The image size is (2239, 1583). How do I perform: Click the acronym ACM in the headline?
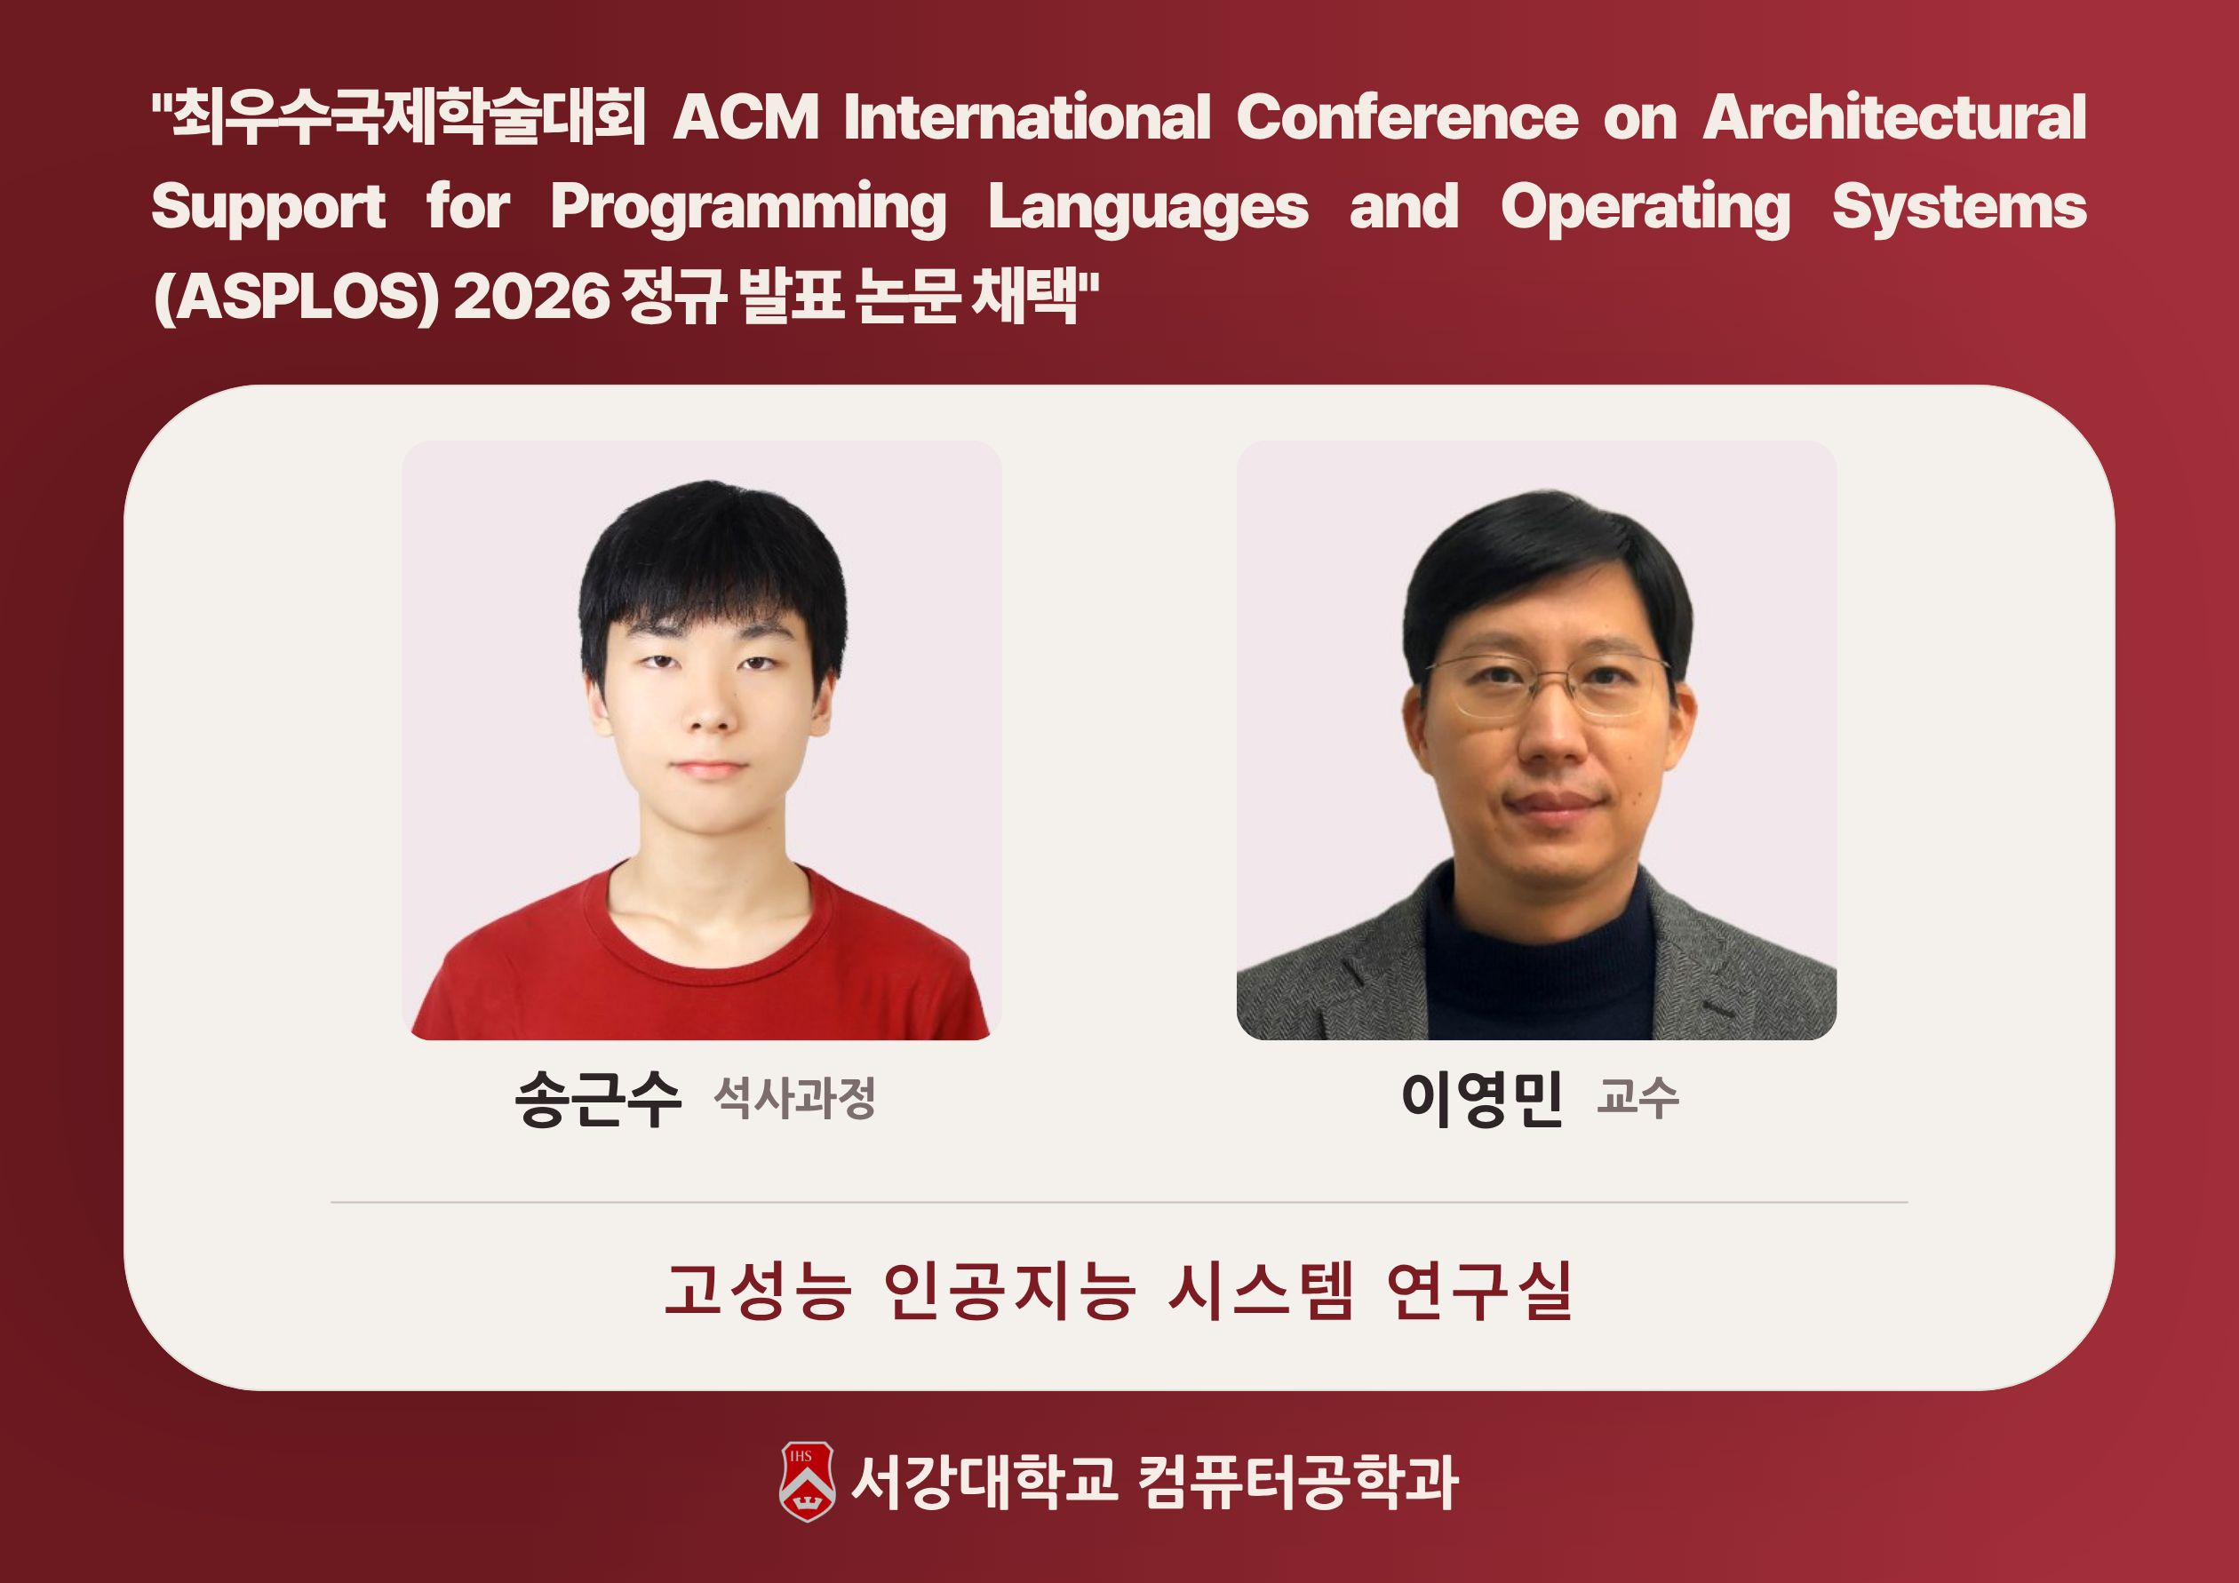click(746, 118)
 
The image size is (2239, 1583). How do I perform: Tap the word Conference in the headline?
click(1407, 118)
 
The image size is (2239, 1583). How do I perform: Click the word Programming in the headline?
click(749, 209)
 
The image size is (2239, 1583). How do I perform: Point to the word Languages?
click(1149, 209)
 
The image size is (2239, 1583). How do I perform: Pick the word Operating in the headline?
click(1646, 209)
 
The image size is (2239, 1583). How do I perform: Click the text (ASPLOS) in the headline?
click(298, 297)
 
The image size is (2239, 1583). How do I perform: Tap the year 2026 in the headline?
click(531, 297)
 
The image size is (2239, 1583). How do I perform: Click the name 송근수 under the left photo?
click(598, 1099)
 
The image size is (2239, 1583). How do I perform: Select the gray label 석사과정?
click(795, 1099)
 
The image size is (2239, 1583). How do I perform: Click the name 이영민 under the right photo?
click(1481, 1099)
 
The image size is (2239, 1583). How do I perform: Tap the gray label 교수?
click(1638, 1099)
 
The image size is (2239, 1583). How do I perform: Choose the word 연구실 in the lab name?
click(1478, 1292)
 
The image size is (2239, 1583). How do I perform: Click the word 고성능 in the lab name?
click(757, 1292)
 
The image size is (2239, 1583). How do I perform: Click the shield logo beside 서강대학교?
click(807, 1482)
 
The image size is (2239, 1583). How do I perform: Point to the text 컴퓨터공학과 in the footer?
click(1298, 1483)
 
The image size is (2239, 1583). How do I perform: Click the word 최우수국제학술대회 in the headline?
click(400, 118)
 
